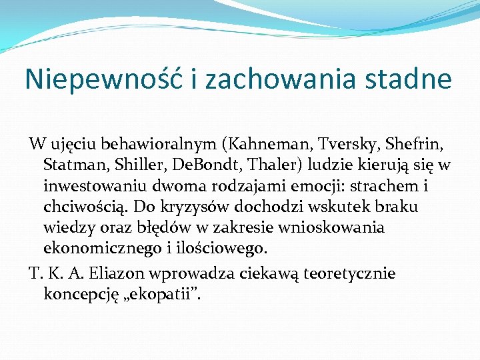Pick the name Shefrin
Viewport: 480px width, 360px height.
[414, 145]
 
